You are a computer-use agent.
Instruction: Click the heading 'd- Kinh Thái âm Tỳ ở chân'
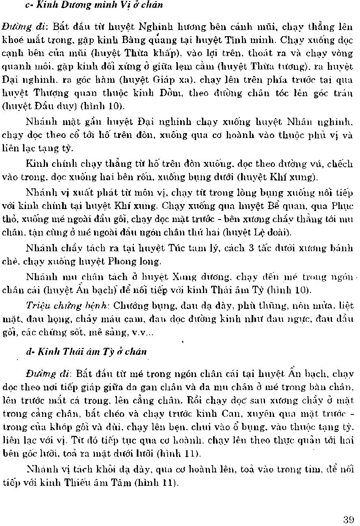tap(86, 352)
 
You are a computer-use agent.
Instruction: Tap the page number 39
tap(349, 519)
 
